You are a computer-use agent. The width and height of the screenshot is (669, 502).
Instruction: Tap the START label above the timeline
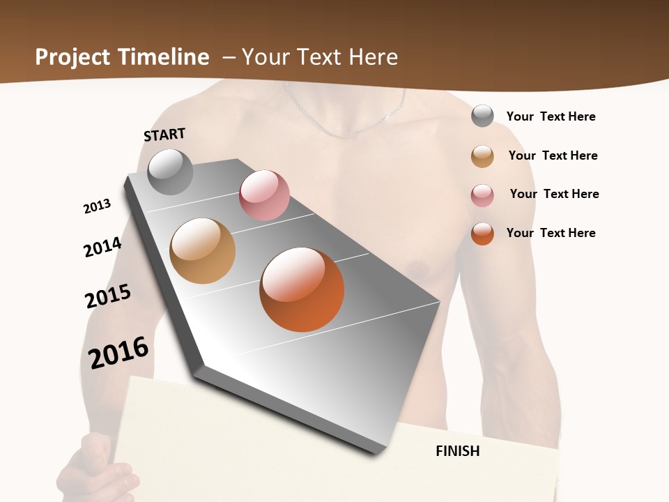(164, 135)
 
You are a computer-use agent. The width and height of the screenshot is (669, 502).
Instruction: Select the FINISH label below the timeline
(457, 451)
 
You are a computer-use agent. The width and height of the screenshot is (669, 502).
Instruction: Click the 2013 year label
(97, 206)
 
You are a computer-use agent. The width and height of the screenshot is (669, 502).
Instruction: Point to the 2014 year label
(102, 247)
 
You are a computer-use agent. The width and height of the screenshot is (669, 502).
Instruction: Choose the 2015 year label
(108, 296)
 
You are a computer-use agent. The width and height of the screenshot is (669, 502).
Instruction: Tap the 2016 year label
(118, 353)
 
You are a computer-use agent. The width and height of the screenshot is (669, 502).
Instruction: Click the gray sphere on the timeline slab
(170, 172)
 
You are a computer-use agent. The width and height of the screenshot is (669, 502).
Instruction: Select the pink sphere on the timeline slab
(264, 195)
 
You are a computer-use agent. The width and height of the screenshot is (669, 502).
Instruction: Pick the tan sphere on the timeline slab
(202, 251)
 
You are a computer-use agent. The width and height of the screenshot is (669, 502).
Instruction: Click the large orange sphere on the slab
(302, 289)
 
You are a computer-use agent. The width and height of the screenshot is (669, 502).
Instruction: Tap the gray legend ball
(482, 116)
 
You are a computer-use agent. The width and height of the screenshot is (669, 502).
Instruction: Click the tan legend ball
(482, 156)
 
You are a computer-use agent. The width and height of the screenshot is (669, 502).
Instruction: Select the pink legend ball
(482, 195)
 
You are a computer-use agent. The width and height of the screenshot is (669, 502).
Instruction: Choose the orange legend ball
(482, 234)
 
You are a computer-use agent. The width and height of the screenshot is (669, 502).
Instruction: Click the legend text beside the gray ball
(551, 116)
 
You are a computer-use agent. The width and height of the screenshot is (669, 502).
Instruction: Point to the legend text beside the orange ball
(551, 233)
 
